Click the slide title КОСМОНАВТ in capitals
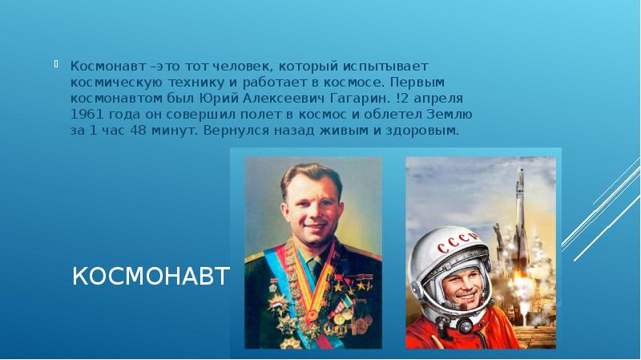click(151, 277)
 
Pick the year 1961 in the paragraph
click(86, 114)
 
